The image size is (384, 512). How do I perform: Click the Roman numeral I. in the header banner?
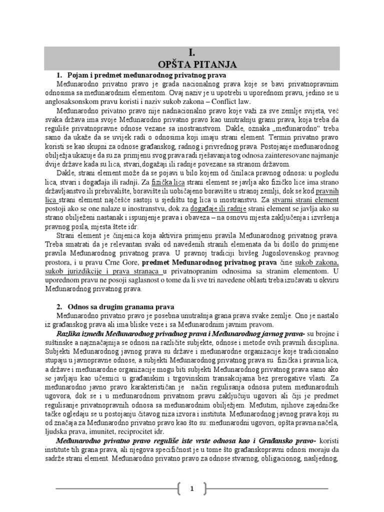[x=191, y=52]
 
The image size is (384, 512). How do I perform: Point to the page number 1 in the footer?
[x=191, y=489]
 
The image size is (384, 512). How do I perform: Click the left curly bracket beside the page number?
[x=179, y=489]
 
